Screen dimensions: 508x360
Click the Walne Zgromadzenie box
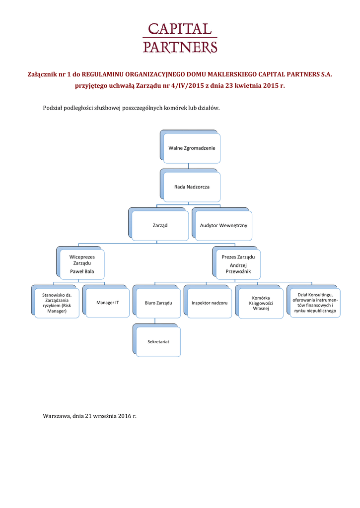click(192, 148)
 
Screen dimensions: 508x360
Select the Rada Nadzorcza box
click(192, 187)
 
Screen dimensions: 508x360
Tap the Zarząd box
click(160, 225)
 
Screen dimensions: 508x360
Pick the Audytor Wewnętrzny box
click(223, 225)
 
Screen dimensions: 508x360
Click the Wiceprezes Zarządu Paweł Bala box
click(82, 264)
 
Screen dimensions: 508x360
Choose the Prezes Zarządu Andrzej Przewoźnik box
click(238, 264)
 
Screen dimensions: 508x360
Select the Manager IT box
click(108, 302)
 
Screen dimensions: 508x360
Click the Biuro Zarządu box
click(158, 302)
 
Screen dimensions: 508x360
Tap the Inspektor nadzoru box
click(210, 302)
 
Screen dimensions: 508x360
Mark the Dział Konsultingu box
click(314, 302)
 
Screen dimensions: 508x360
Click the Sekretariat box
click(158, 342)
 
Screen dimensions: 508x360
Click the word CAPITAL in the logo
click(180, 30)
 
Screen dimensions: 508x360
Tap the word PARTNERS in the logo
click(180, 47)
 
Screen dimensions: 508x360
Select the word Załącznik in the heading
click(45, 74)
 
